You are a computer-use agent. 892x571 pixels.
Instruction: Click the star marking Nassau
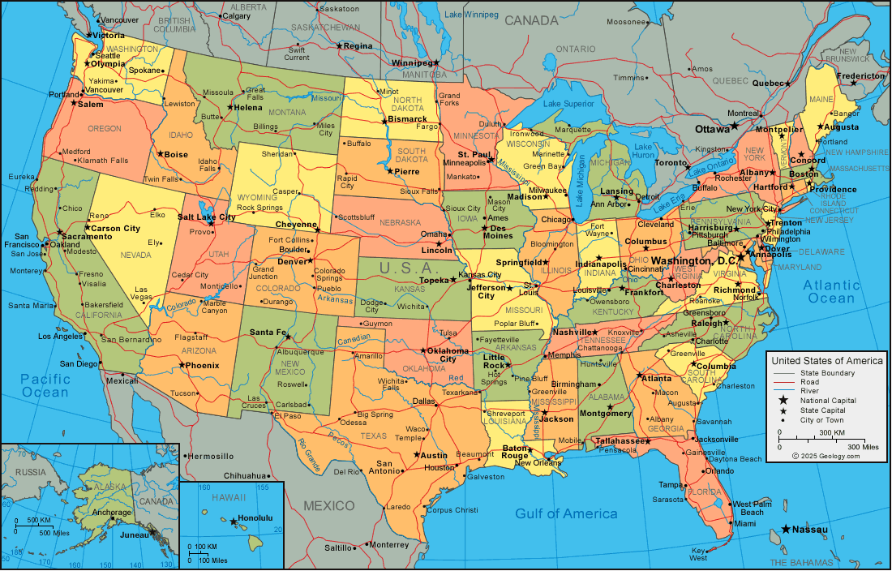point(786,530)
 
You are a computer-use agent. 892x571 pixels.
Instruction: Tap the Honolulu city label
point(257,518)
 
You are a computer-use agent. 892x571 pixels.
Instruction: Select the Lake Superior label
point(568,104)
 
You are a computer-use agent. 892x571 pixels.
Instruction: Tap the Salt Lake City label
point(207,217)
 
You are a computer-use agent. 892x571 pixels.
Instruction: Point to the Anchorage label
point(111,513)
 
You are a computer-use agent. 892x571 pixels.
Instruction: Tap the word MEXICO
point(329,506)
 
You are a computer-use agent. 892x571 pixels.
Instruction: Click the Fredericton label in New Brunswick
point(861,76)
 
